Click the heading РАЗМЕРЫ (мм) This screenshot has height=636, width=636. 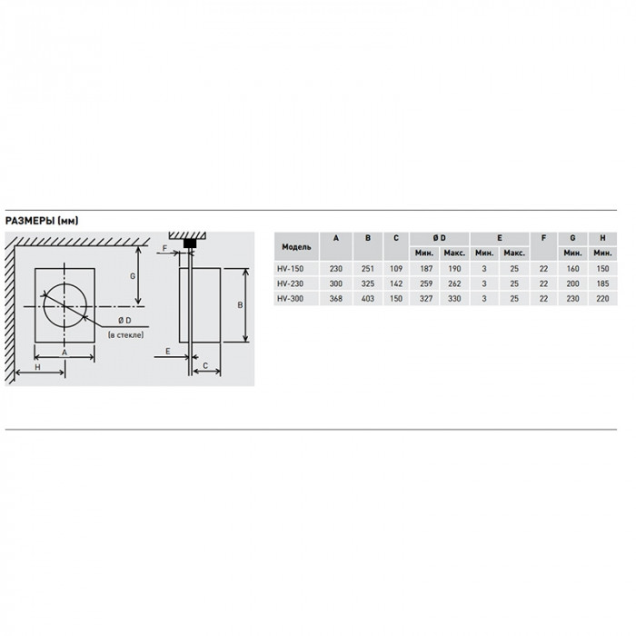click(x=42, y=221)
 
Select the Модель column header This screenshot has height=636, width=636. click(x=296, y=246)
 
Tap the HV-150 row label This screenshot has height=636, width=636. click(x=291, y=269)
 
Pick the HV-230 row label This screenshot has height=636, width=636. click(x=291, y=283)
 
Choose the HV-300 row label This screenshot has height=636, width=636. click(x=291, y=299)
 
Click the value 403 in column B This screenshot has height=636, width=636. click(x=367, y=299)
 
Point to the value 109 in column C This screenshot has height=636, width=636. click(x=396, y=269)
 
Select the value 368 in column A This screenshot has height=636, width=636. click(x=336, y=299)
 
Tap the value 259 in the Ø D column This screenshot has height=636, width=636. click(x=426, y=283)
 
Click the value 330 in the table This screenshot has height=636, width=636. click(x=454, y=299)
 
